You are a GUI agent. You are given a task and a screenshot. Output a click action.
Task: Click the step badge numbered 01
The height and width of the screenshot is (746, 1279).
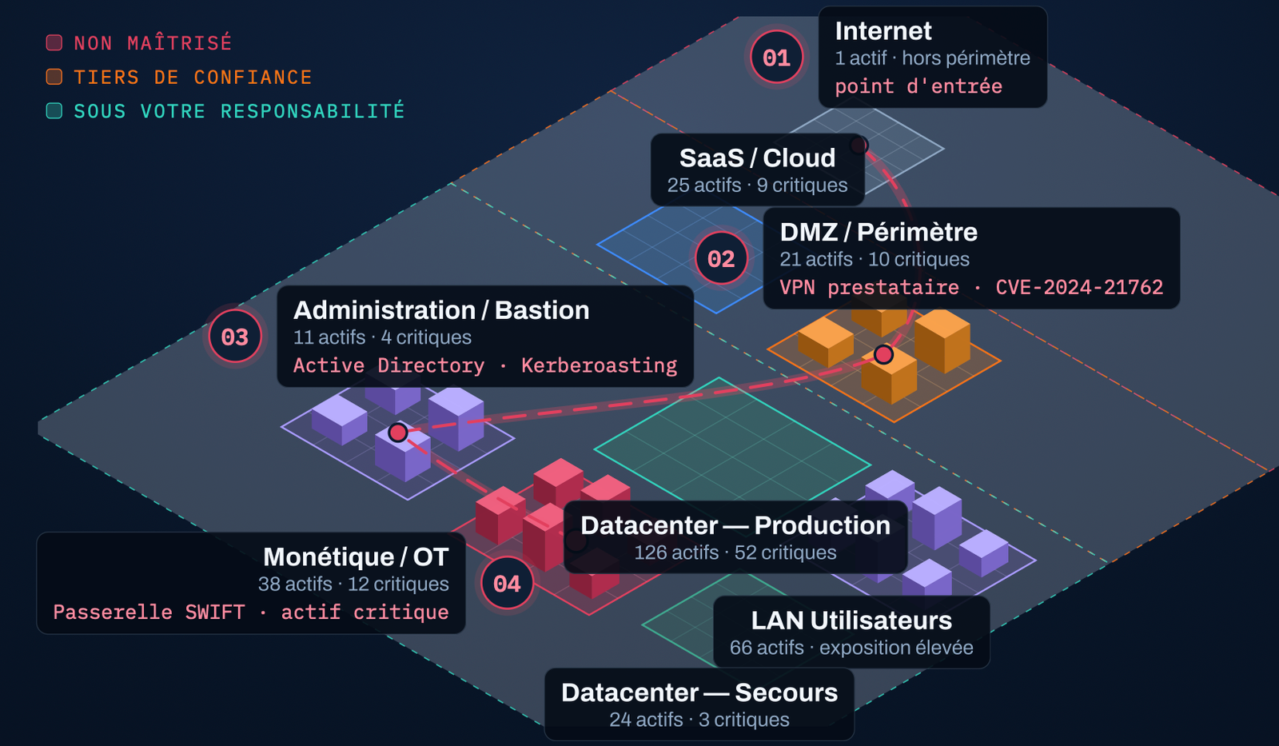776,58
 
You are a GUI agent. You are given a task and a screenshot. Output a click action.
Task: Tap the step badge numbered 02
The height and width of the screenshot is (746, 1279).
721,259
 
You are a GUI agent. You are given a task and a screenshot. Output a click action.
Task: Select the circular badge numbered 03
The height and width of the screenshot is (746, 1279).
235,337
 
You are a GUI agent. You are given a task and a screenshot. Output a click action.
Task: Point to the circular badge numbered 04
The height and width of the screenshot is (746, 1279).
507,583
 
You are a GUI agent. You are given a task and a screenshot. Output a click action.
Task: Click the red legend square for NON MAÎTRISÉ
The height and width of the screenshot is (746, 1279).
54,43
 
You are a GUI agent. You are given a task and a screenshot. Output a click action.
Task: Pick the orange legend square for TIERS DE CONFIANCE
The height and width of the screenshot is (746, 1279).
54,77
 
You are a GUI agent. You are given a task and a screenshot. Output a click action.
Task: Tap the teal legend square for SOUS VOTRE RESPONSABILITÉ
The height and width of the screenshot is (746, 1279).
54,111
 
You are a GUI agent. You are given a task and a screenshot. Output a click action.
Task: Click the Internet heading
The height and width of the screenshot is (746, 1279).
883,31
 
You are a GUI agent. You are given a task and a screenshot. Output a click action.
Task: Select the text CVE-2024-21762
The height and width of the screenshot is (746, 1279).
1079,287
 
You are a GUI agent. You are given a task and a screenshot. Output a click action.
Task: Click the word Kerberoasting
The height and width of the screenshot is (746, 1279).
599,365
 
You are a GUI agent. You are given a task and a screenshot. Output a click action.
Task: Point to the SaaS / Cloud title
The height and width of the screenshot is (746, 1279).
757,158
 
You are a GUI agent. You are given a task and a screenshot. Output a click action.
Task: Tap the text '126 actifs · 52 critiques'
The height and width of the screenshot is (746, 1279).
735,553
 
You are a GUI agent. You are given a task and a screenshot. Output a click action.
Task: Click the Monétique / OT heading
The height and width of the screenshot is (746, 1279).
356,557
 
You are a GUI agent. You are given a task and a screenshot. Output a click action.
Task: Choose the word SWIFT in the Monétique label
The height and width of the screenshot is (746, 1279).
215,612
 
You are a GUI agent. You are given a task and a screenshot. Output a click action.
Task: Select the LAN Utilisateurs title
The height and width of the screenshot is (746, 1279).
851,620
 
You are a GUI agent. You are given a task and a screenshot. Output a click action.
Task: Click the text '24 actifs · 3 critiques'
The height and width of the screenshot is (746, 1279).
699,720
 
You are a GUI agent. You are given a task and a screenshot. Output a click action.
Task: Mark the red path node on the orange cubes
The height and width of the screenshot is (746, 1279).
883,355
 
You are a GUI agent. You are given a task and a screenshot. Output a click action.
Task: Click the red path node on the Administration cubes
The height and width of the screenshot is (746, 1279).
398,433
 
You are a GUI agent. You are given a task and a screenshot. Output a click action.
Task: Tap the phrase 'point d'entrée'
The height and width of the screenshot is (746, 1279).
918,87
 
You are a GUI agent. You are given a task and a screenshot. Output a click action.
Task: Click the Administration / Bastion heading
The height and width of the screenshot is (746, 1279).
441,310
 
